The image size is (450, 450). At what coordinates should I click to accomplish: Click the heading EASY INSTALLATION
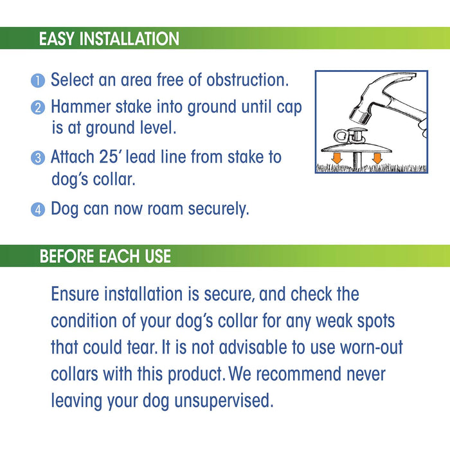pos(109,39)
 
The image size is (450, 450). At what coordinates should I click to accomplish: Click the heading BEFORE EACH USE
pos(105,256)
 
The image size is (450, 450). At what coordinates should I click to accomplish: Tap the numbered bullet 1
pos(38,80)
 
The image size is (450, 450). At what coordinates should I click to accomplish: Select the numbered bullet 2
pos(38,108)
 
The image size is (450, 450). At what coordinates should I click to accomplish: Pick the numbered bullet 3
pos(38,158)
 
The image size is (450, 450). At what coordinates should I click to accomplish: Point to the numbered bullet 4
pos(38,209)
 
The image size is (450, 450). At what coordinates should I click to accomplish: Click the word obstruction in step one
pos(248,80)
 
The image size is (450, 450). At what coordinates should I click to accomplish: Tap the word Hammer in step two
pos(80,107)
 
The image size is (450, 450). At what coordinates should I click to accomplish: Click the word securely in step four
pos(219,209)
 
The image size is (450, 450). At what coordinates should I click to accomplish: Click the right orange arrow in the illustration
pos(377,158)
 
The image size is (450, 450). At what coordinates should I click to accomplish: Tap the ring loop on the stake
pos(341,138)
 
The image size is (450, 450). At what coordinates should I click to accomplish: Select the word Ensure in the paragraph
pos(75,294)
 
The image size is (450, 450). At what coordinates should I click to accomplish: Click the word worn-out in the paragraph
pos(372,347)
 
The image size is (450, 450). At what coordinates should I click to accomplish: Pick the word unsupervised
pos(224,401)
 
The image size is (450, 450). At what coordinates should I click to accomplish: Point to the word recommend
pos(298,374)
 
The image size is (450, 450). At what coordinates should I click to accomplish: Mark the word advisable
pos(253,347)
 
